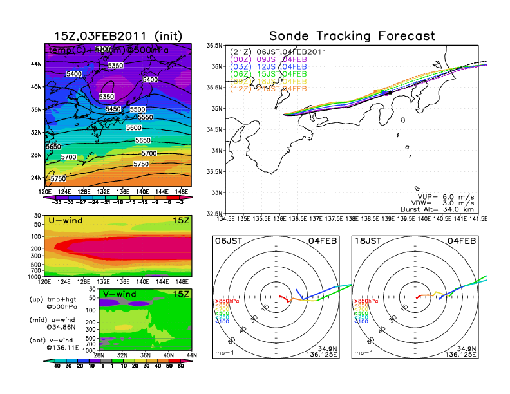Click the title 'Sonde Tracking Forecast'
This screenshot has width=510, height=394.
(352, 35)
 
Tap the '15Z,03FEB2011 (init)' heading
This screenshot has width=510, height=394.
(118, 35)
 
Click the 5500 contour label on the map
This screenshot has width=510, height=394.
(138, 110)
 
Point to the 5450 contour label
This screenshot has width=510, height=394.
(113, 109)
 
